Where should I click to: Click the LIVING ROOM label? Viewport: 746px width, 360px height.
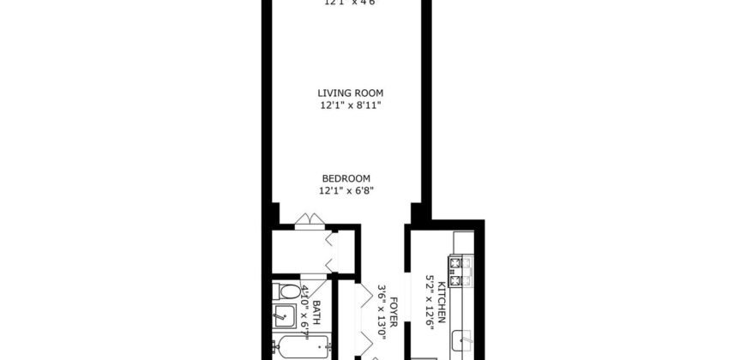click(x=350, y=93)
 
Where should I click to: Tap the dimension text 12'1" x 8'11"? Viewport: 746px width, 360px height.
click(x=350, y=105)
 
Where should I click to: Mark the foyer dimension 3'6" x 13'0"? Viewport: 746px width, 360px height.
click(x=382, y=315)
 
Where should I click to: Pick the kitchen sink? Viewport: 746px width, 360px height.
click(x=464, y=342)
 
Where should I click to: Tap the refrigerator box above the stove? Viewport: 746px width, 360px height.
click(x=463, y=242)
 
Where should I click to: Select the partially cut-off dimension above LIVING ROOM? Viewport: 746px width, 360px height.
click(x=350, y=3)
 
